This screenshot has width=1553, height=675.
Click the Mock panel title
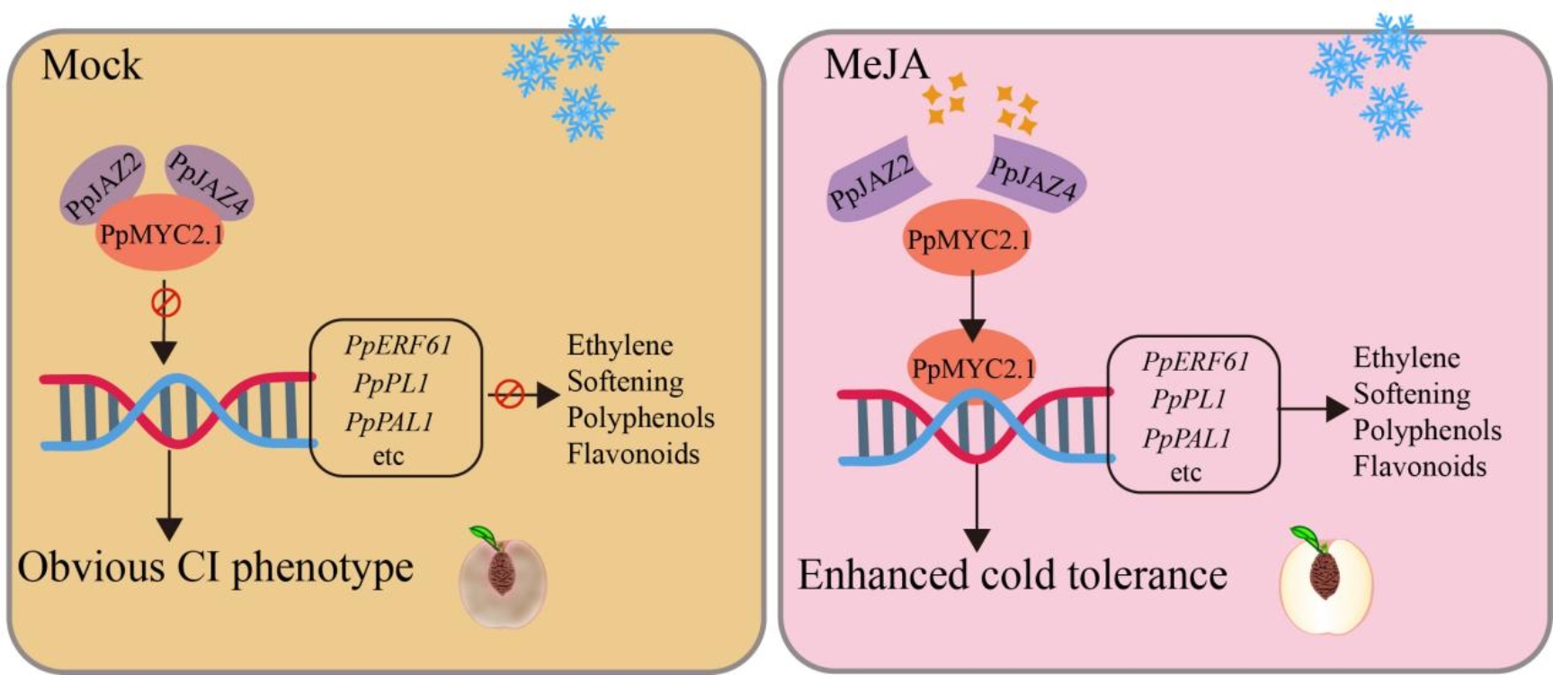point(92,66)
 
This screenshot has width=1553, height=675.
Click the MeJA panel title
point(876,65)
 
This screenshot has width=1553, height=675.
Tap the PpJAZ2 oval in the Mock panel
point(101,185)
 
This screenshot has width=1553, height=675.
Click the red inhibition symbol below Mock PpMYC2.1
point(165,302)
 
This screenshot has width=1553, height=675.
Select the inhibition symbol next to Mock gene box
point(510,394)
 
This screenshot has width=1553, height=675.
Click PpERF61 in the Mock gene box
point(397,345)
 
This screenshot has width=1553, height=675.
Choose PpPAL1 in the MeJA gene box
point(1186,438)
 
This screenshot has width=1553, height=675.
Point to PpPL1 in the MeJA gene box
point(1188,399)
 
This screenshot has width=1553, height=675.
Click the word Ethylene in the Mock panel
point(620,346)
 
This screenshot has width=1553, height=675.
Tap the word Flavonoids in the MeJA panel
point(1420,466)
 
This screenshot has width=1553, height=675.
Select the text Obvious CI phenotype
point(215,568)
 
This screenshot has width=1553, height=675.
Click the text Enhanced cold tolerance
point(1013,575)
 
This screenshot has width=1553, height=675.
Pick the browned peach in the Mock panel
point(503,578)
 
